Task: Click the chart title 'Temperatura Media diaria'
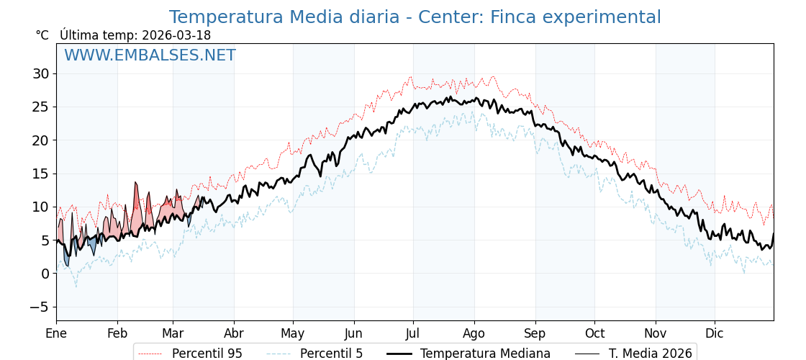pos(415,17)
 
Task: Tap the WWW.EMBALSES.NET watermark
pos(150,55)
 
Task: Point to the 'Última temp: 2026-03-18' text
pos(135,35)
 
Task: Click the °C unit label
pos(42,35)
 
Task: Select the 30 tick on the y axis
pos(40,73)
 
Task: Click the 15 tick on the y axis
pos(40,174)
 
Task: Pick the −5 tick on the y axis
pos(38,307)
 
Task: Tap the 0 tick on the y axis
pos(45,274)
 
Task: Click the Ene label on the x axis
pos(56,333)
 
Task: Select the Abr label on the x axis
pos(234,333)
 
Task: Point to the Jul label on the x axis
pos(413,333)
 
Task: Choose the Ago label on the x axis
pos(474,333)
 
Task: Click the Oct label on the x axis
pos(594,333)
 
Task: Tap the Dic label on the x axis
pos(715,333)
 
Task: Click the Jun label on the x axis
pos(353,333)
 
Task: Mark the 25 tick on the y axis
pos(40,107)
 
